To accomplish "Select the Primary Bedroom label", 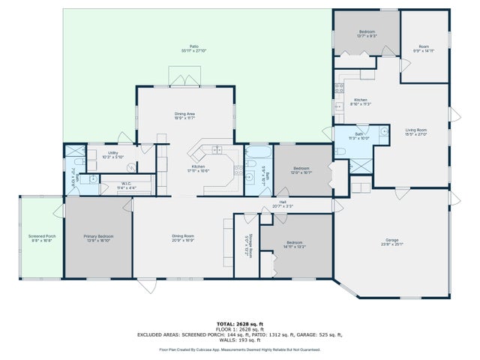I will pyautogui.click(x=97, y=238).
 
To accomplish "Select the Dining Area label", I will pyautogui.click(x=184, y=115).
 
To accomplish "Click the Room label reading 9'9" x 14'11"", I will pyautogui.click(x=424, y=50).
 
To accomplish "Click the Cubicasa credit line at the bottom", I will pyautogui.click(x=239, y=349).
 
